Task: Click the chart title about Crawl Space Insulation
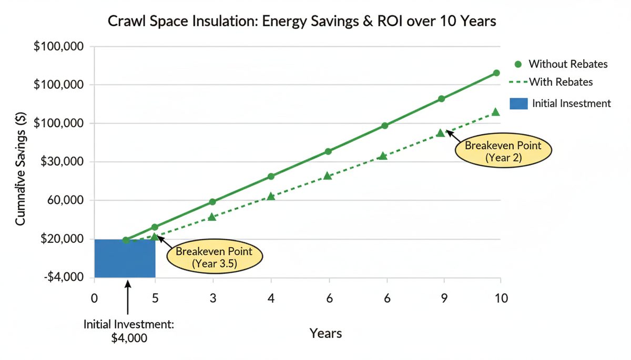click(302, 22)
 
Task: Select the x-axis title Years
click(325, 333)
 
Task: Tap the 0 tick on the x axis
click(94, 298)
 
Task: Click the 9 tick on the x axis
click(444, 298)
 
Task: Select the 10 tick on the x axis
click(501, 298)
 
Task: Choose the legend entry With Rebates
click(560, 82)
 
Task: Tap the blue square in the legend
click(518, 103)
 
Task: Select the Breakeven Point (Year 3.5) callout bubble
click(214, 258)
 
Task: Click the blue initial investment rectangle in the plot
click(125, 258)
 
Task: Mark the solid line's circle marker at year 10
click(496, 73)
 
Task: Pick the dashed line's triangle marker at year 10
click(495, 112)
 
